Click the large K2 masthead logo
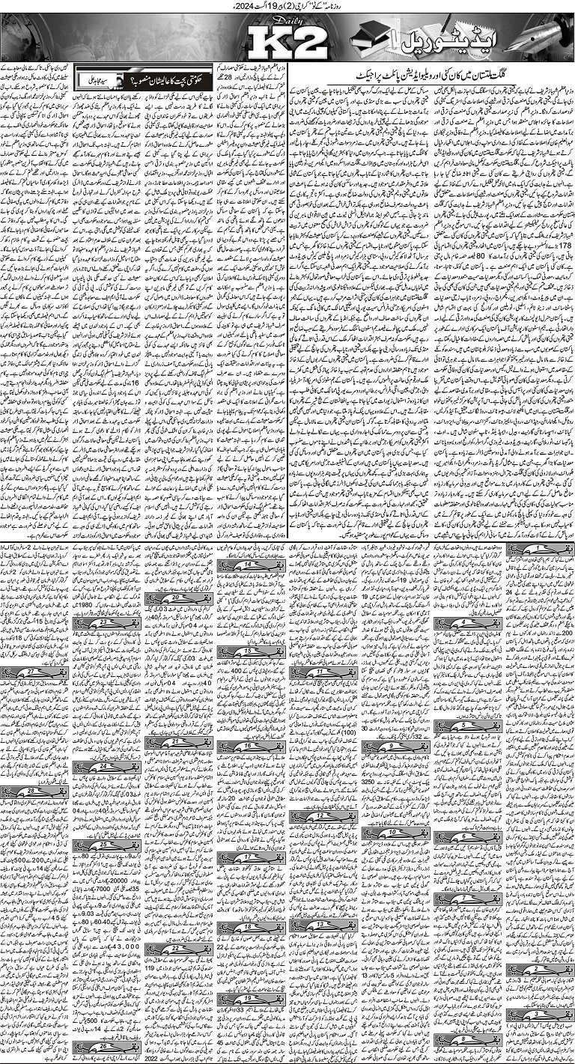pyautogui.click(x=287, y=41)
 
